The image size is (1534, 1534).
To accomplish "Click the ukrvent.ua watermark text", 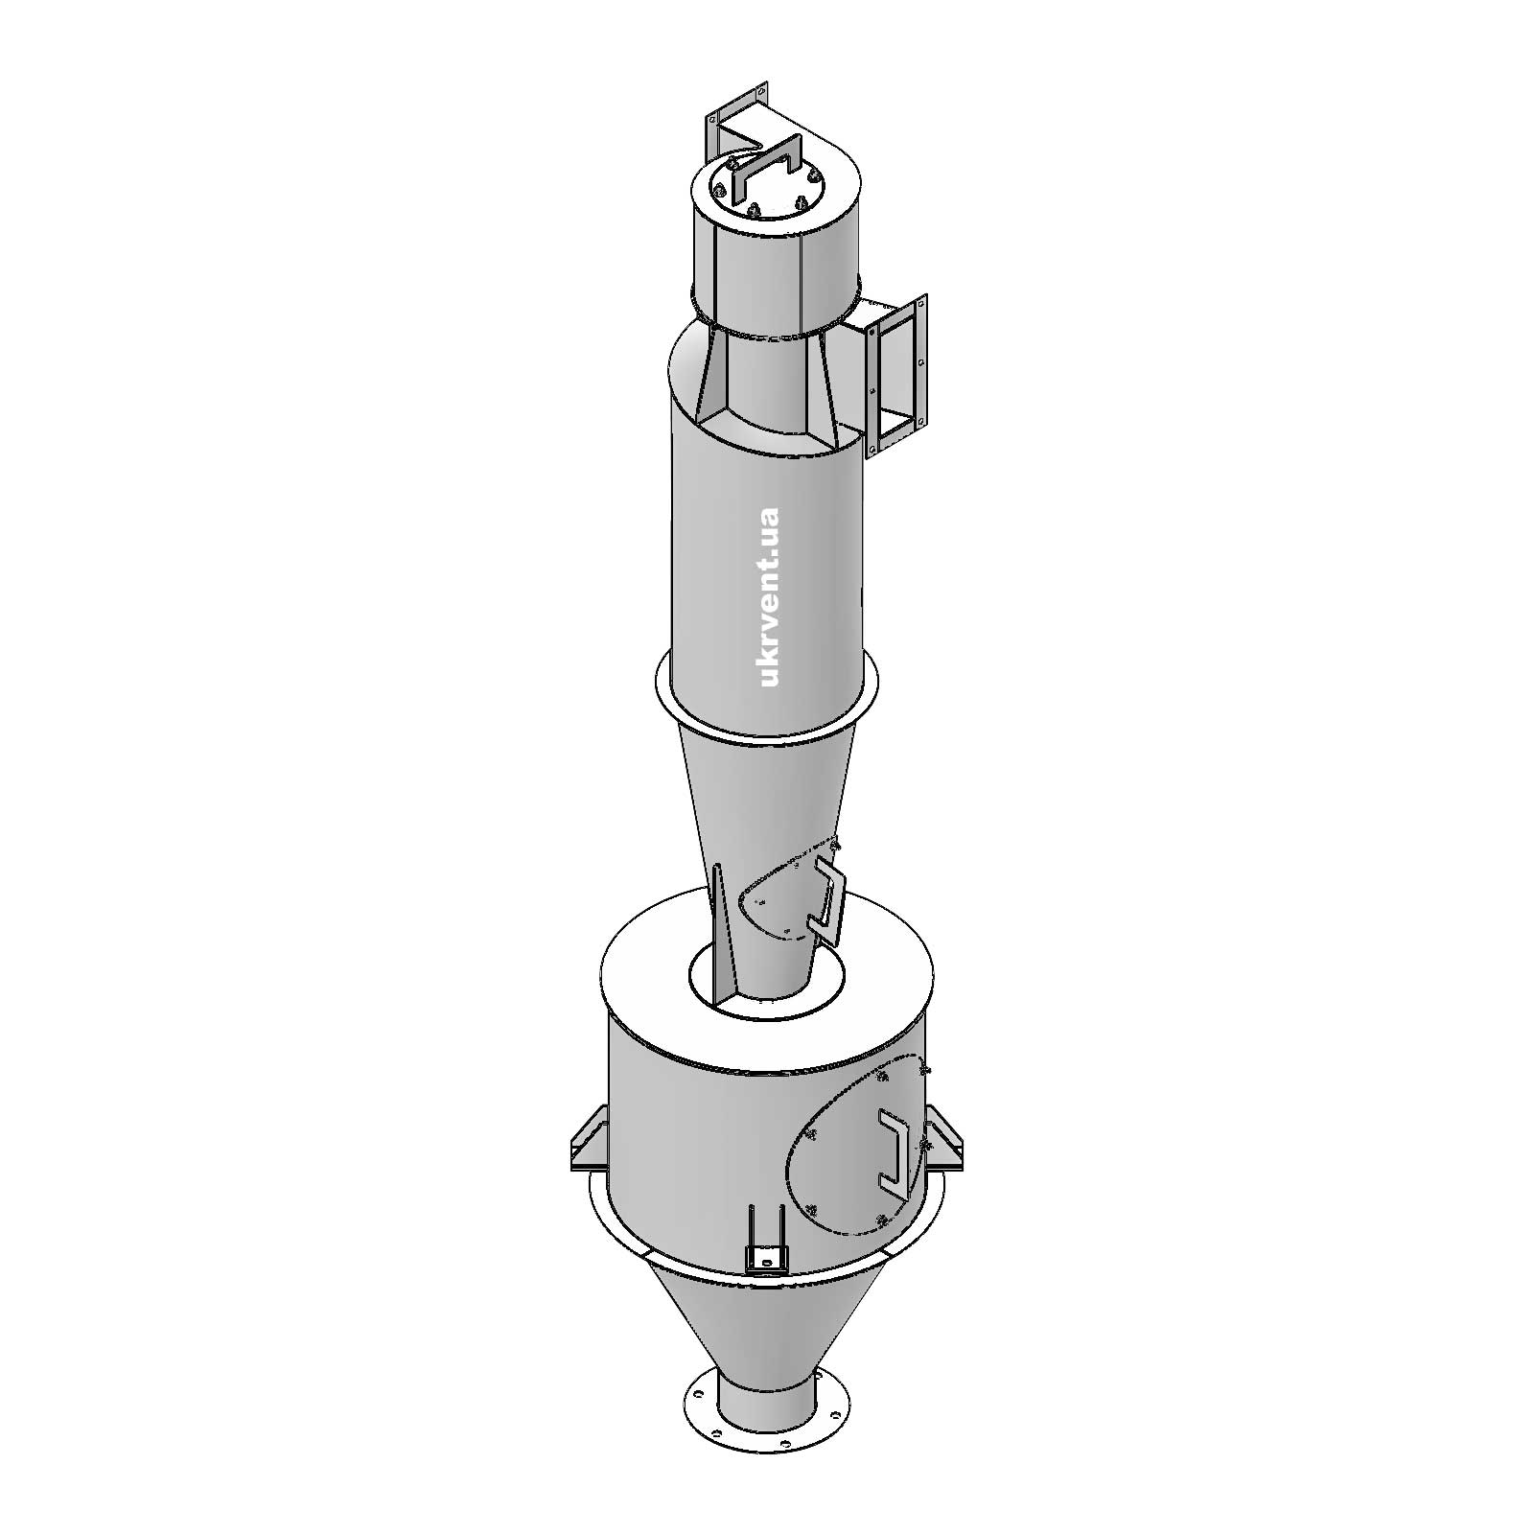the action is pyautogui.click(x=769, y=595).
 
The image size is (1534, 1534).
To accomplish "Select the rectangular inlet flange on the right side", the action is pyautogui.click(x=897, y=378).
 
